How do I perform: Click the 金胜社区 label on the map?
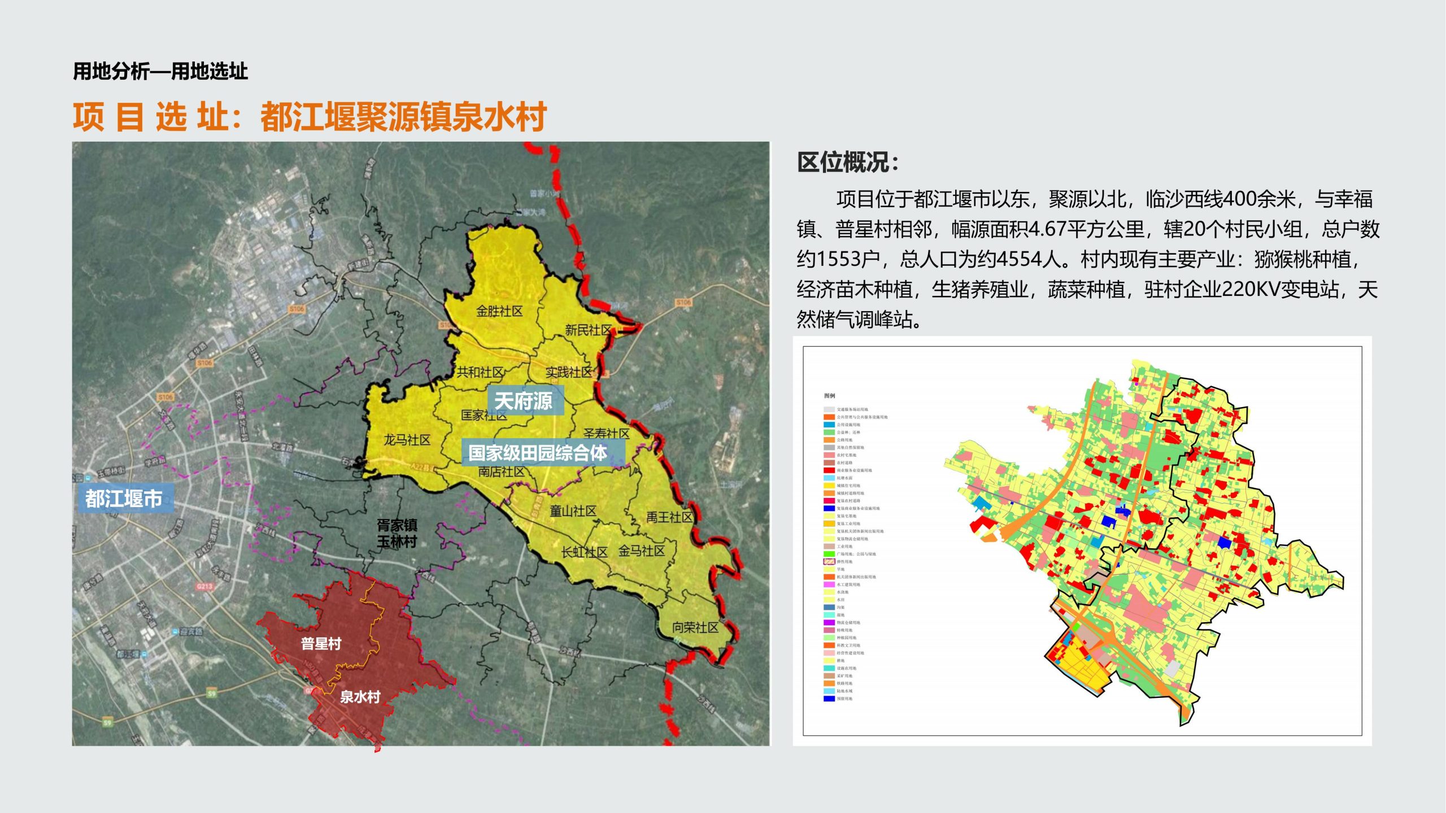point(499,311)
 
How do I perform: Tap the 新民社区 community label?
point(589,330)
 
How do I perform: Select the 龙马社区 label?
point(407,440)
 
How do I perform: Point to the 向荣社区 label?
point(695,627)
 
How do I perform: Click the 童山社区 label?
point(573,511)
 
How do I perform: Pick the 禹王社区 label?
point(669,517)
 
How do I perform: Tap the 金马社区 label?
point(642,550)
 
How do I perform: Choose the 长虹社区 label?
point(584,552)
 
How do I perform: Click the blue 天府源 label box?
point(524,401)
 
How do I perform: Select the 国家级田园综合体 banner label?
point(538,453)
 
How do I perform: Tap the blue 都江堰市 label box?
point(124,499)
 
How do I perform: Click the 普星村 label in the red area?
point(321,644)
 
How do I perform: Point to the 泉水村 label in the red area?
point(360,697)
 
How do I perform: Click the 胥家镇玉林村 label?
point(397,534)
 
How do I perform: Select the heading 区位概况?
point(847,163)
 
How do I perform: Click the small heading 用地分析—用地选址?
point(160,72)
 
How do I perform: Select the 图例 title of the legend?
point(829,396)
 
